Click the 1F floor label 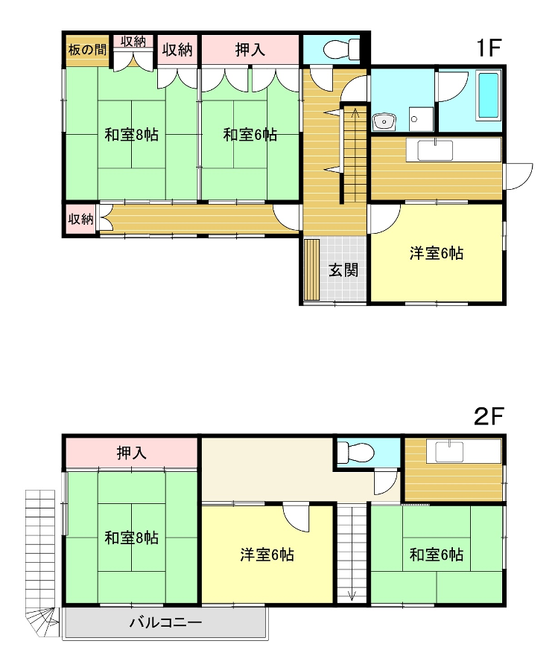[x=488, y=48]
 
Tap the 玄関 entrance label [x=343, y=270]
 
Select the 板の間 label [x=87, y=50]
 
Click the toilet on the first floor [x=342, y=49]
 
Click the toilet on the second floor [x=355, y=453]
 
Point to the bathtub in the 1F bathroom [x=488, y=96]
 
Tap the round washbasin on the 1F [x=384, y=122]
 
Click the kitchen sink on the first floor [x=435, y=150]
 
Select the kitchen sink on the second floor [x=449, y=452]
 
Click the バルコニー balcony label [x=166, y=622]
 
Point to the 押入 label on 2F [x=132, y=453]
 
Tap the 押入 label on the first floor [x=250, y=50]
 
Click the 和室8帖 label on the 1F [x=132, y=135]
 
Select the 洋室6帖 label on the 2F [x=267, y=555]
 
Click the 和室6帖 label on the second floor [x=437, y=555]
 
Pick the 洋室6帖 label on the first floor [x=437, y=253]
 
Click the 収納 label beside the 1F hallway [x=80, y=219]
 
